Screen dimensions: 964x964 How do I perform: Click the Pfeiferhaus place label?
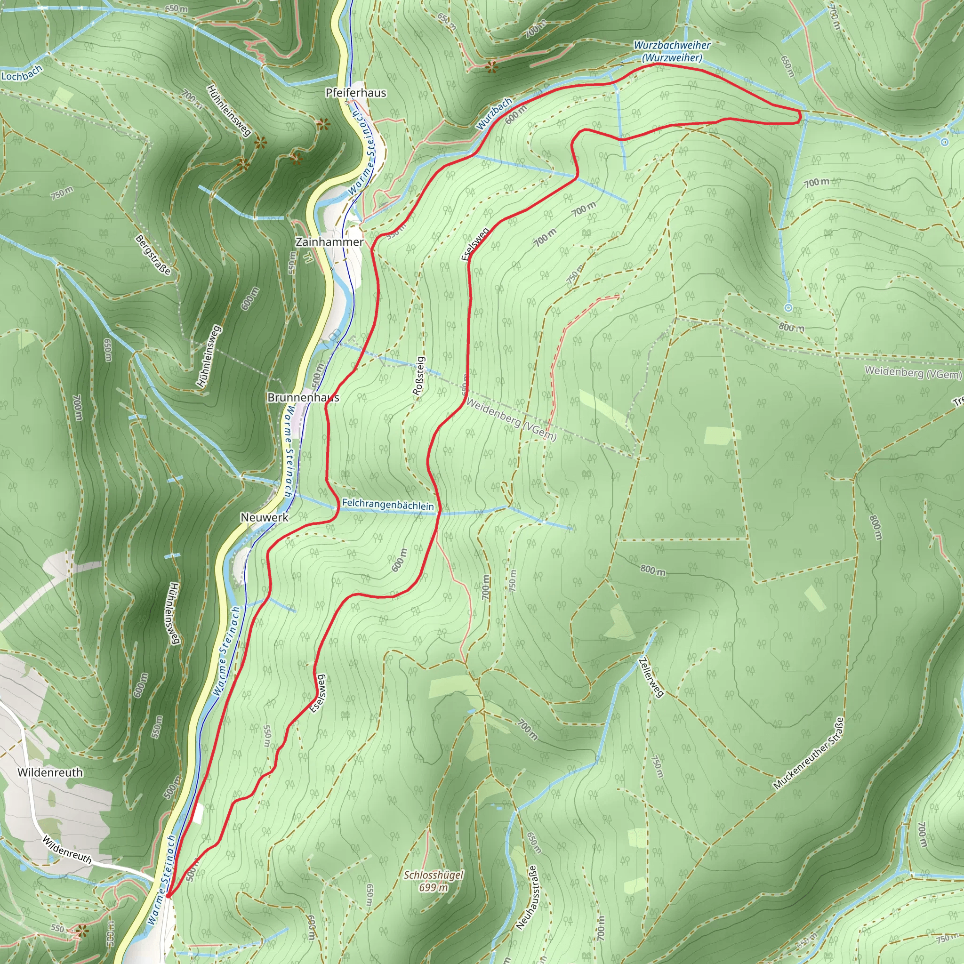pos(355,93)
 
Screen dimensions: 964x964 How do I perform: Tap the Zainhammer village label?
pos(329,242)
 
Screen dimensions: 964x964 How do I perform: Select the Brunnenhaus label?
pos(304,398)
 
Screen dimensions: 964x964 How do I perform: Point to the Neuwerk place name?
pos(265,517)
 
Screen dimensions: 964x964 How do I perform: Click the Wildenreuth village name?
pos(50,772)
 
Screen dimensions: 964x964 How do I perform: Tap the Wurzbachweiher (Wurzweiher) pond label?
pos(672,51)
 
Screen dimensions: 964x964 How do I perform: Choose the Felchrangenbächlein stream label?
pos(388,505)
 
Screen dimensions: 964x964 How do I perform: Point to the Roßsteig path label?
pos(419,376)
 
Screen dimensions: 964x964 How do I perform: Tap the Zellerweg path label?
pos(651,677)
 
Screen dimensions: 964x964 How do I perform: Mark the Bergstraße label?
pos(153,255)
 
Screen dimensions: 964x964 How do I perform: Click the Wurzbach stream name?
pos(494,114)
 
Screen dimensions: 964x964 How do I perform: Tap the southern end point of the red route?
pos(168,897)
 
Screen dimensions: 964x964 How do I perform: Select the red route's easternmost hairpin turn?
pos(800,117)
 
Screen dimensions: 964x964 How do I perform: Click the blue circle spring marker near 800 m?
pos(788,308)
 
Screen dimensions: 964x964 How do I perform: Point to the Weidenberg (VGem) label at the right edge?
pos(913,372)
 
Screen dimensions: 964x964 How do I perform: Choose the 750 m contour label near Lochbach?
pos(62,193)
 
